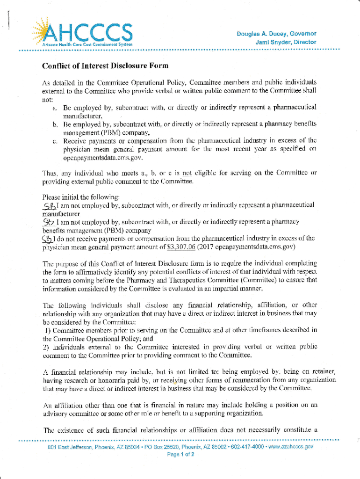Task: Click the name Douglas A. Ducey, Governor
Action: [276, 34]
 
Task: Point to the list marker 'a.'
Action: [55, 108]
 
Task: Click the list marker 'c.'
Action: [55, 141]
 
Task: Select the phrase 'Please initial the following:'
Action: [77, 196]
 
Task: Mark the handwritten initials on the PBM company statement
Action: [49, 222]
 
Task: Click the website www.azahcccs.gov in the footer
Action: [294, 447]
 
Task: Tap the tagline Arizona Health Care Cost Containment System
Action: [87, 44]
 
